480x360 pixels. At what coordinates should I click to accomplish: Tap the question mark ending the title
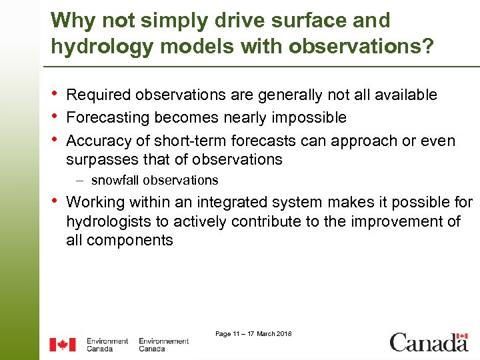428,47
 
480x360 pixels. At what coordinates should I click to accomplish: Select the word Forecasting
107,118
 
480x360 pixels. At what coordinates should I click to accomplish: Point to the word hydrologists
110,221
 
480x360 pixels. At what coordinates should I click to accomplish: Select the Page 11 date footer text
253,333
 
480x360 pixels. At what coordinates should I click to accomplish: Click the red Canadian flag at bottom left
63,345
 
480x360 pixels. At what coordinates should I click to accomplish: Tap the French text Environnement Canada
164,345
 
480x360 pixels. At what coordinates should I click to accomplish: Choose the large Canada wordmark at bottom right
429,343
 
